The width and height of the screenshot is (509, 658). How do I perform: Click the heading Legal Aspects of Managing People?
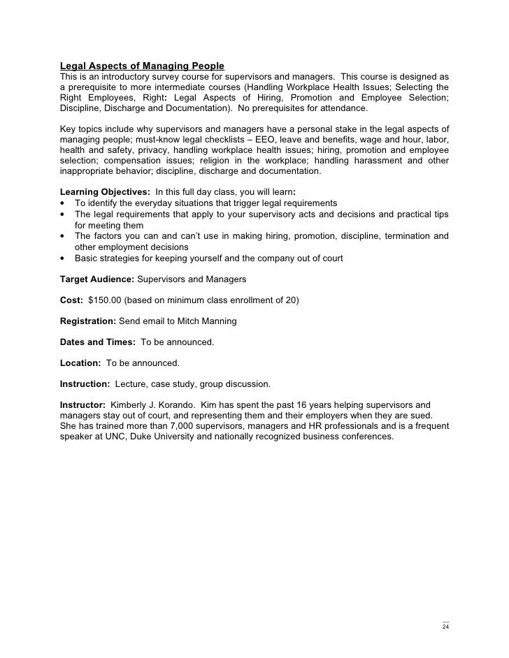[x=142, y=66]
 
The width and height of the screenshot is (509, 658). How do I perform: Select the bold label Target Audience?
[x=97, y=279]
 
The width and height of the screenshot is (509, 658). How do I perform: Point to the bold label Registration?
[x=87, y=321]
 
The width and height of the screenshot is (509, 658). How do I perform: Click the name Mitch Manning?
[x=209, y=321]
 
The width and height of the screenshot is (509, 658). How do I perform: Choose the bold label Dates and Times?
[x=99, y=342]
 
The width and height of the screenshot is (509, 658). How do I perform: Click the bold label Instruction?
[x=85, y=384]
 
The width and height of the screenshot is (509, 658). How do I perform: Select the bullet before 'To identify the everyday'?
[x=63, y=203]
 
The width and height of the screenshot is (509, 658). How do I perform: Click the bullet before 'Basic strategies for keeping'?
[x=63, y=258]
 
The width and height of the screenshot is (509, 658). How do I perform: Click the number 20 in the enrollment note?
[x=289, y=300]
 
